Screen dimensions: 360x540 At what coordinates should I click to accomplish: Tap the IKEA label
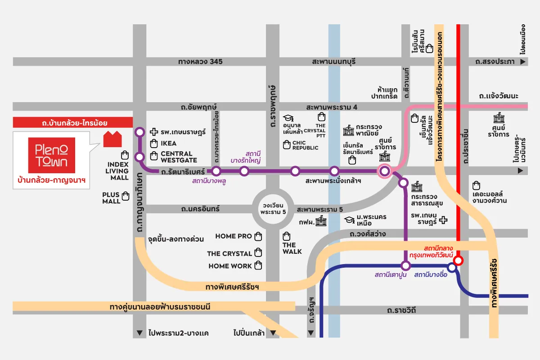coord(169,144)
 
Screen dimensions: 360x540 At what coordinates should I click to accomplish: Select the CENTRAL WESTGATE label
coord(179,157)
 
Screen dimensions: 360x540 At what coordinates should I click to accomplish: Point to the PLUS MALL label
coord(111,198)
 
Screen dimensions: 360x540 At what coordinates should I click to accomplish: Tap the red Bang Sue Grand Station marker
coord(458,261)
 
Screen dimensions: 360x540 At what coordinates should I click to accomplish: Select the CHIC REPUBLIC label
coord(305,145)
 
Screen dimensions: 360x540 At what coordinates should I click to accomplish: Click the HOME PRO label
coord(234,236)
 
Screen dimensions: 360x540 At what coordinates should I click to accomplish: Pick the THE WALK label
coord(292,248)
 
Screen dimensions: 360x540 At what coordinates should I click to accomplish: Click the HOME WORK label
coord(230,266)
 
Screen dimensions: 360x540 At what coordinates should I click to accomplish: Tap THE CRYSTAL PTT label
coord(320,130)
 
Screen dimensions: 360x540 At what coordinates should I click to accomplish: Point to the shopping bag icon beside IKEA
coord(153,144)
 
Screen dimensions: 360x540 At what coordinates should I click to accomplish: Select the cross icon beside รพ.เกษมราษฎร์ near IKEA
coord(153,132)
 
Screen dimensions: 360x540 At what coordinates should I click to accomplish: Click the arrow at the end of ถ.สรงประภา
coord(523,62)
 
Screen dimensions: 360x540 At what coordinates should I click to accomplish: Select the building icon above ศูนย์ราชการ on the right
coord(499,119)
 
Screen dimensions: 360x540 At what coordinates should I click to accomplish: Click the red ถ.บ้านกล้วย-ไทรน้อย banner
coord(72,122)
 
